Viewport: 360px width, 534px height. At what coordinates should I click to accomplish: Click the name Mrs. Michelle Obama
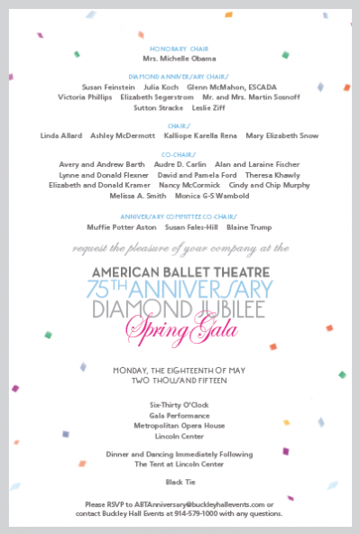tap(180, 58)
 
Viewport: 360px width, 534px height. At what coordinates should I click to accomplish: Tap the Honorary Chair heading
tap(180, 49)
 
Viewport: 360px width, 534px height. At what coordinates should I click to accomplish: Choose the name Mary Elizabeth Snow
tap(282, 135)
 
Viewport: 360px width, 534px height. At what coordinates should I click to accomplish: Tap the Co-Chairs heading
tap(180, 155)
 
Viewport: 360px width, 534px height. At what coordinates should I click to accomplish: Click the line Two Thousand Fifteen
tap(180, 380)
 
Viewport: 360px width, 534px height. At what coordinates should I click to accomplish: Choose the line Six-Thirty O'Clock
tap(179, 406)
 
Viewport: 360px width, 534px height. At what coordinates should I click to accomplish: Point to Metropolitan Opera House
tap(179, 426)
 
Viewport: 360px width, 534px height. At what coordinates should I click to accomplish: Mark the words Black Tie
tap(179, 483)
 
